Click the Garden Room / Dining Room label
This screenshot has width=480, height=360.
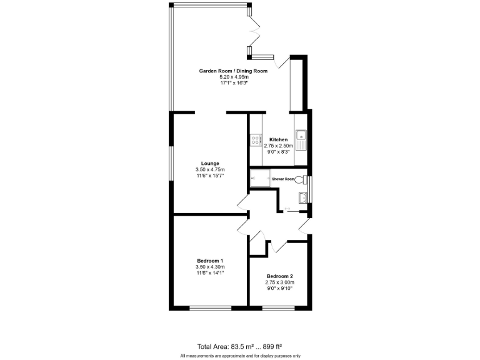click(233, 71)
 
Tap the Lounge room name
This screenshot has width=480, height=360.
click(209, 164)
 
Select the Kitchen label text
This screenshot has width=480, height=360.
click(278, 139)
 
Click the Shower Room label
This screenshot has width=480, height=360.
click(283, 179)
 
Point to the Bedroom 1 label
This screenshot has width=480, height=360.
click(209, 261)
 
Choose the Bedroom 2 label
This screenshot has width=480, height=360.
click(279, 276)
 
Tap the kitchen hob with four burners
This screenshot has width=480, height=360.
click(254, 141)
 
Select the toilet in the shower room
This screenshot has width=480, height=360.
click(301, 179)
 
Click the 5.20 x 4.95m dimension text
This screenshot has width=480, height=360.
click(233, 77)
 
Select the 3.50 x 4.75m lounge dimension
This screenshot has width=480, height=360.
click(209, 170)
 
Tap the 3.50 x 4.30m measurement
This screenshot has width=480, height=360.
click(209, 267)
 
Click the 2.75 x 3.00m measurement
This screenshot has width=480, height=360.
click(279, 282)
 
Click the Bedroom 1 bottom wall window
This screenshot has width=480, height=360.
click(209, 307)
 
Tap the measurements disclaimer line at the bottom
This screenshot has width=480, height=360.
click(241, 356)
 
